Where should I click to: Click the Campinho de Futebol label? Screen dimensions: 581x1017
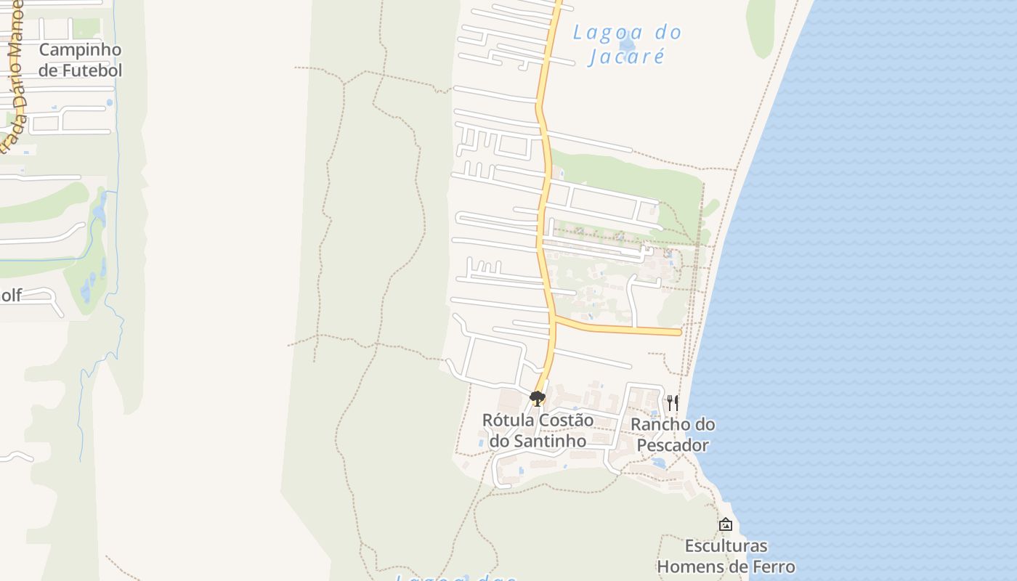tap(80, 60)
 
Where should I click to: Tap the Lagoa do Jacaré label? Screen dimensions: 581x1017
tap(627, 44)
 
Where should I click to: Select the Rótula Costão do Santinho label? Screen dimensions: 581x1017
tap(538, 430)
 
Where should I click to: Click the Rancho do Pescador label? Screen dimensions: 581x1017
tap(673, 434)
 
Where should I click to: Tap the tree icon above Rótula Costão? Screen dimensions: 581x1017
tap(538, 399)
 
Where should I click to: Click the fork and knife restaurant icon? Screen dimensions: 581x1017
tap(673, 402)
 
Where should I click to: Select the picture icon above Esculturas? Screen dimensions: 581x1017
tap(726, 524)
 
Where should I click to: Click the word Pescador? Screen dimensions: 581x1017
tap(673, 444)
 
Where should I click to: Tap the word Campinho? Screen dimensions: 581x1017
tap(80, 49)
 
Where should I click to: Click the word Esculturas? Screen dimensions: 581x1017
tap(726, 545)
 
